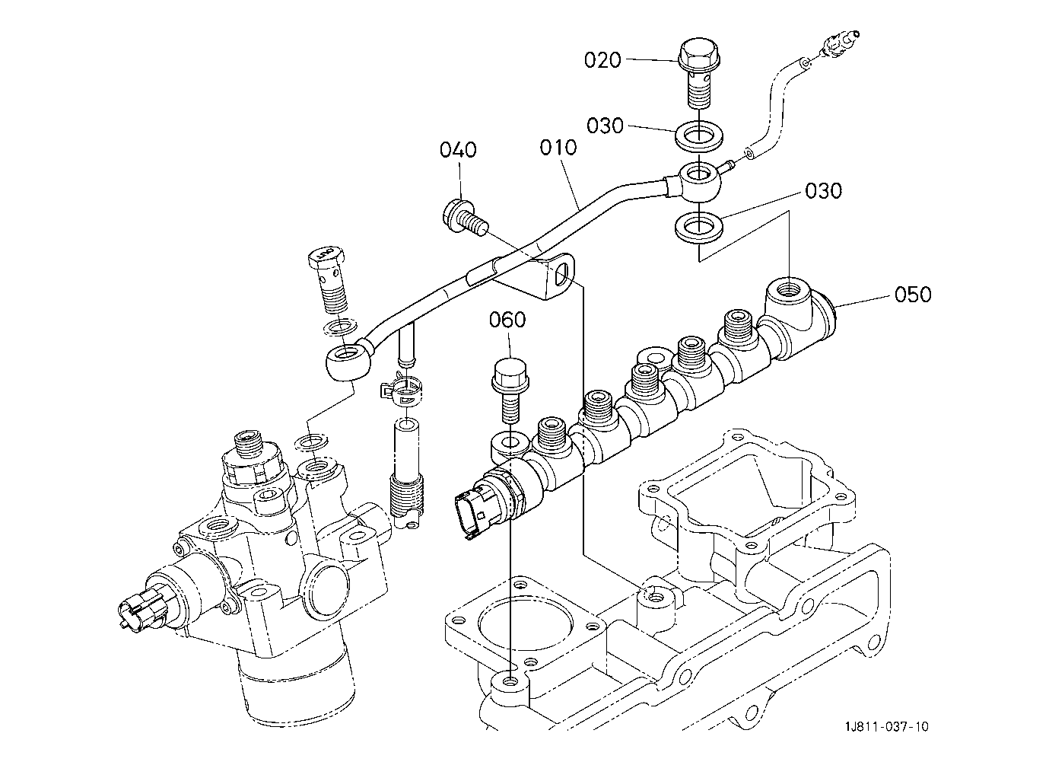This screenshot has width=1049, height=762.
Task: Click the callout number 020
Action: pos(602,60)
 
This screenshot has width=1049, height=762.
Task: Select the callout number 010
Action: pos(558,148)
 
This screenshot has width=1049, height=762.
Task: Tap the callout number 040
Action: pos(458,150)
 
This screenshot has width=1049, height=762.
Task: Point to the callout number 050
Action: pos(913,295)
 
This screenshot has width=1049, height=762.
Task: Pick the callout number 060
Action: pos(507,320)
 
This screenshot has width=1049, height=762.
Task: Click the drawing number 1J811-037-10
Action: pos(886,727)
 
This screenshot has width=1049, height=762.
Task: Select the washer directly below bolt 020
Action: pos(698,136)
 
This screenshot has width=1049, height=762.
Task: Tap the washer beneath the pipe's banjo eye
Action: pos(698,228)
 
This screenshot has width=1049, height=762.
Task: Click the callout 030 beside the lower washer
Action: pos(823,191)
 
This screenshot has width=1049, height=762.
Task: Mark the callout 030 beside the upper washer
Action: pos(605,126)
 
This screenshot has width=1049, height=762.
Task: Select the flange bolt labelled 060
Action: pos(510,390)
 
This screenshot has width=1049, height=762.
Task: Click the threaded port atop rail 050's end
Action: pos(789,296)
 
